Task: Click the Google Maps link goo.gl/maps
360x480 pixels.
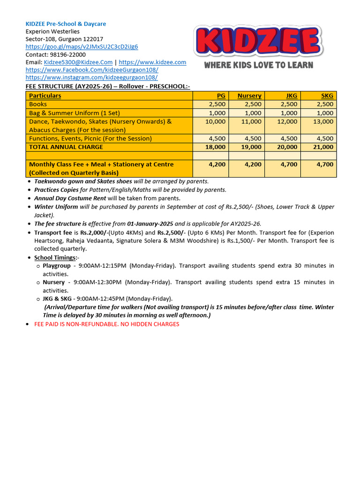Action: (82, 47)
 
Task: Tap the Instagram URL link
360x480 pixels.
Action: (91, 77)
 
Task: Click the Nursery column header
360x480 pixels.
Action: (249, 96)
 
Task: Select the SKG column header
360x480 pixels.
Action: (327, 96)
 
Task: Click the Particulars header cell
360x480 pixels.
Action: (45, 96)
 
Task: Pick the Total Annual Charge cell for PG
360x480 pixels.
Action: (215, 147)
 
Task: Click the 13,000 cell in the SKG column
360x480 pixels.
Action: (323, 121)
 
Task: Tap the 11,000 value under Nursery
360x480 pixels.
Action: (251, 121)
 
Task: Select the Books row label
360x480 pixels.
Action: (38, 104)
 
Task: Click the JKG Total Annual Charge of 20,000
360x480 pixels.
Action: (287, 147)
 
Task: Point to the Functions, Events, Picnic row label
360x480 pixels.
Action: (90, 139)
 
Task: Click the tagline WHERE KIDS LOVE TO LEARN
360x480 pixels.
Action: (258, 65)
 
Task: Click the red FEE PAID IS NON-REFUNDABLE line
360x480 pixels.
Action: (107, 324)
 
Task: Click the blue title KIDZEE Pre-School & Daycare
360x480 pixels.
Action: (66, 24)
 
